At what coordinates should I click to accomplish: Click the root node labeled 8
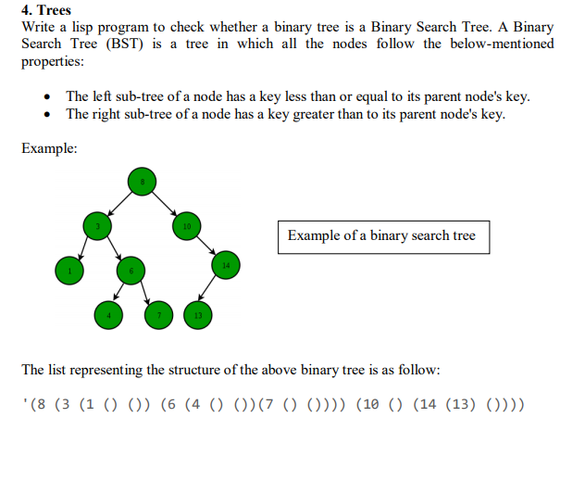click(x=142, y=181)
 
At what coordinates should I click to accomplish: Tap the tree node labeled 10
click(x=186, y=225)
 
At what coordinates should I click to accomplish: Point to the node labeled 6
click(x=131, y=270)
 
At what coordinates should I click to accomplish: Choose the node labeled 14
click(x=225, y=266)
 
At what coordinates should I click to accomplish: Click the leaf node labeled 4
click(x=108, y=315)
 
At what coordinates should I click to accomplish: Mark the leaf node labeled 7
click(x=158, y=315)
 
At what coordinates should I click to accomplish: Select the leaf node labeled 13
click(x=198, y=315)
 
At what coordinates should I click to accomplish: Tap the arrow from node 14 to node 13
click(x=212, y=290)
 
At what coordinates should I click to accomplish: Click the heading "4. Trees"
click(x=46, y=10)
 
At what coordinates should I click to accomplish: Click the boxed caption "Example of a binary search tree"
click(x=381, y=235)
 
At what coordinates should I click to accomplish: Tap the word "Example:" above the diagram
click(x=49, y=148)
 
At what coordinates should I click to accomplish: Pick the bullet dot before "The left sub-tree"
click(x=48, y=97)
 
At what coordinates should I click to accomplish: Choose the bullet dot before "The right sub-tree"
click(x=48, y=115)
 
